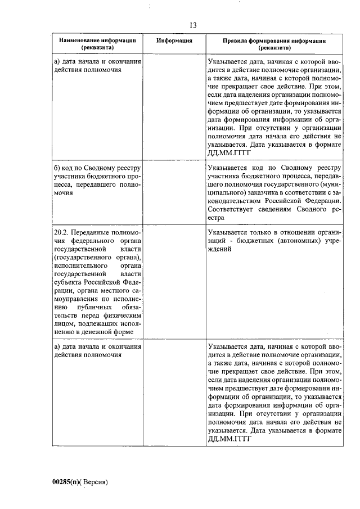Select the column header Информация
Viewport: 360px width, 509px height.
(175, 41)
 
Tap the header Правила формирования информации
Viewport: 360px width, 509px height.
(274, 41)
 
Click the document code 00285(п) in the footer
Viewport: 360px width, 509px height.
(66, 482)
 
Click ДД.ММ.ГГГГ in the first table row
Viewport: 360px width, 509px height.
(228, 152)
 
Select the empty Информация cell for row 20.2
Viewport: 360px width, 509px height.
(175, 281)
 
